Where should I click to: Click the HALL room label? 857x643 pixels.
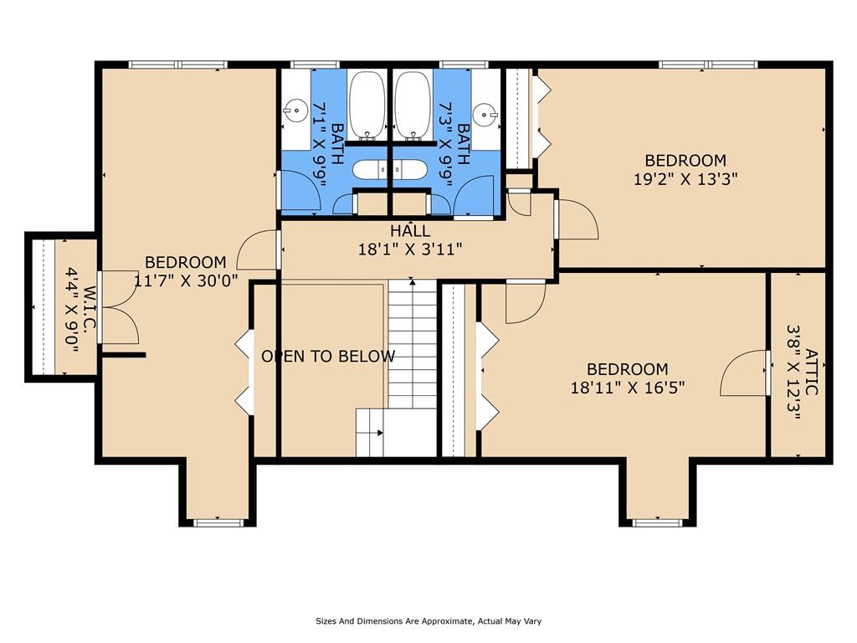410,231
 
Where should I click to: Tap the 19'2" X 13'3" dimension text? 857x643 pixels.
685,179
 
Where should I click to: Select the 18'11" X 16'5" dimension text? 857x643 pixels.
628,388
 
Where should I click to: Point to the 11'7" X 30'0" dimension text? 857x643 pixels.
186,280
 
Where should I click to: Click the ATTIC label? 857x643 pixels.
812,373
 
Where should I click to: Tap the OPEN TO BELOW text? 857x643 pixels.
328,357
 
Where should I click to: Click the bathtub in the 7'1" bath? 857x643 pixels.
367,105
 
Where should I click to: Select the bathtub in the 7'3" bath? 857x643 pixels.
413,105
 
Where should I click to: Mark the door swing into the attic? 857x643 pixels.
743,373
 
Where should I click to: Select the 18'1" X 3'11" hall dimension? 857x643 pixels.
410,249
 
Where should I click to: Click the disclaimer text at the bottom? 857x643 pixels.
428,621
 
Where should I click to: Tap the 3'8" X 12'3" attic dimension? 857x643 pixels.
793,373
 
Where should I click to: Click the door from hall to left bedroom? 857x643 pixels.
258,249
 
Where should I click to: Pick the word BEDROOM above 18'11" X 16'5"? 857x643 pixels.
628,369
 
